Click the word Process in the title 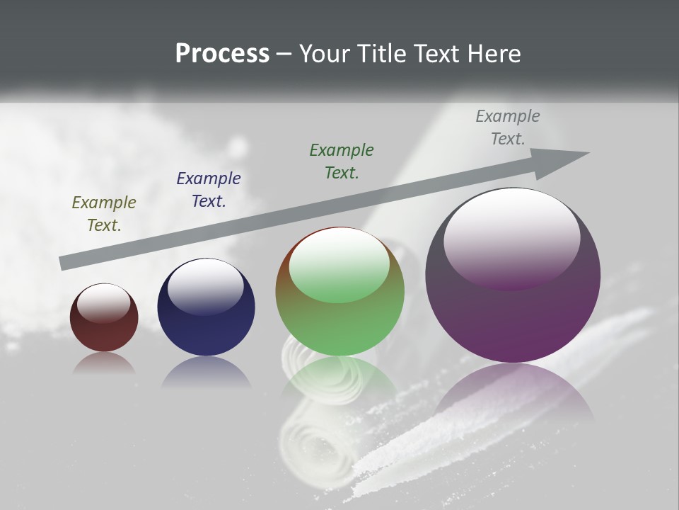click(x=222, y=54)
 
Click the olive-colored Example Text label click(x=104, y=214)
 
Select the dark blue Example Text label click(x=209, y=190)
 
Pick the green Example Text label click(x=342, y=161)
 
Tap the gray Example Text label click(x=508, y=127)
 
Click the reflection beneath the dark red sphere click(x=104, y=363)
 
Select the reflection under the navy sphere click(x=206, y=372)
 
